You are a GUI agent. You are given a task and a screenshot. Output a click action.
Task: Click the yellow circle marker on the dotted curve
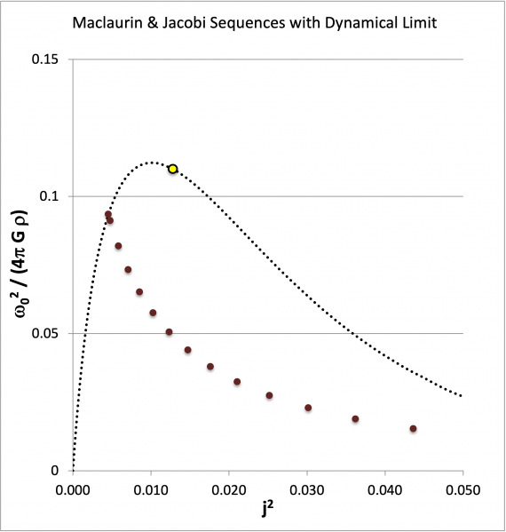173,169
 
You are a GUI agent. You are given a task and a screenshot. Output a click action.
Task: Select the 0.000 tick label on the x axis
73,488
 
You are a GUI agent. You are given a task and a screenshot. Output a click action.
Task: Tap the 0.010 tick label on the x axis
151,488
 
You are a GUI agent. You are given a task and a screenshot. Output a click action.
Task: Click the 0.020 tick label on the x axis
229,488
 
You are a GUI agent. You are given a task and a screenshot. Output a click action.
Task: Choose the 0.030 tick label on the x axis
307,488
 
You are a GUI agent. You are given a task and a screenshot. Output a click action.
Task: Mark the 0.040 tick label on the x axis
385,488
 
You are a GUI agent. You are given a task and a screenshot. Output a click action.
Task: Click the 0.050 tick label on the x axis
463,488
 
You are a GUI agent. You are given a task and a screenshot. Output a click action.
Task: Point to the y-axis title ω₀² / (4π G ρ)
20,266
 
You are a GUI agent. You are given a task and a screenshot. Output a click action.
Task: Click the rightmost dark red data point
413,429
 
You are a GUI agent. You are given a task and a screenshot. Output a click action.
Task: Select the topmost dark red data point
108,215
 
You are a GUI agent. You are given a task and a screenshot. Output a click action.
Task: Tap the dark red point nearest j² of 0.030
308,408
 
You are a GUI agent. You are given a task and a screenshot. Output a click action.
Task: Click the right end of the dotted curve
462,396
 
